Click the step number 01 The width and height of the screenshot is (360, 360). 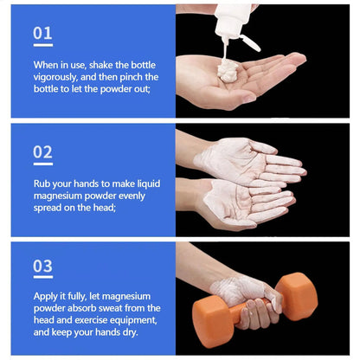tap(42, 33)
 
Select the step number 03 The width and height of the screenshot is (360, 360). tap(42, 266)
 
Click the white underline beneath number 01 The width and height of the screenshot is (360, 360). tap(42, 45)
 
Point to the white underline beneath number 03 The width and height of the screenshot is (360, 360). tap(42, 279)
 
